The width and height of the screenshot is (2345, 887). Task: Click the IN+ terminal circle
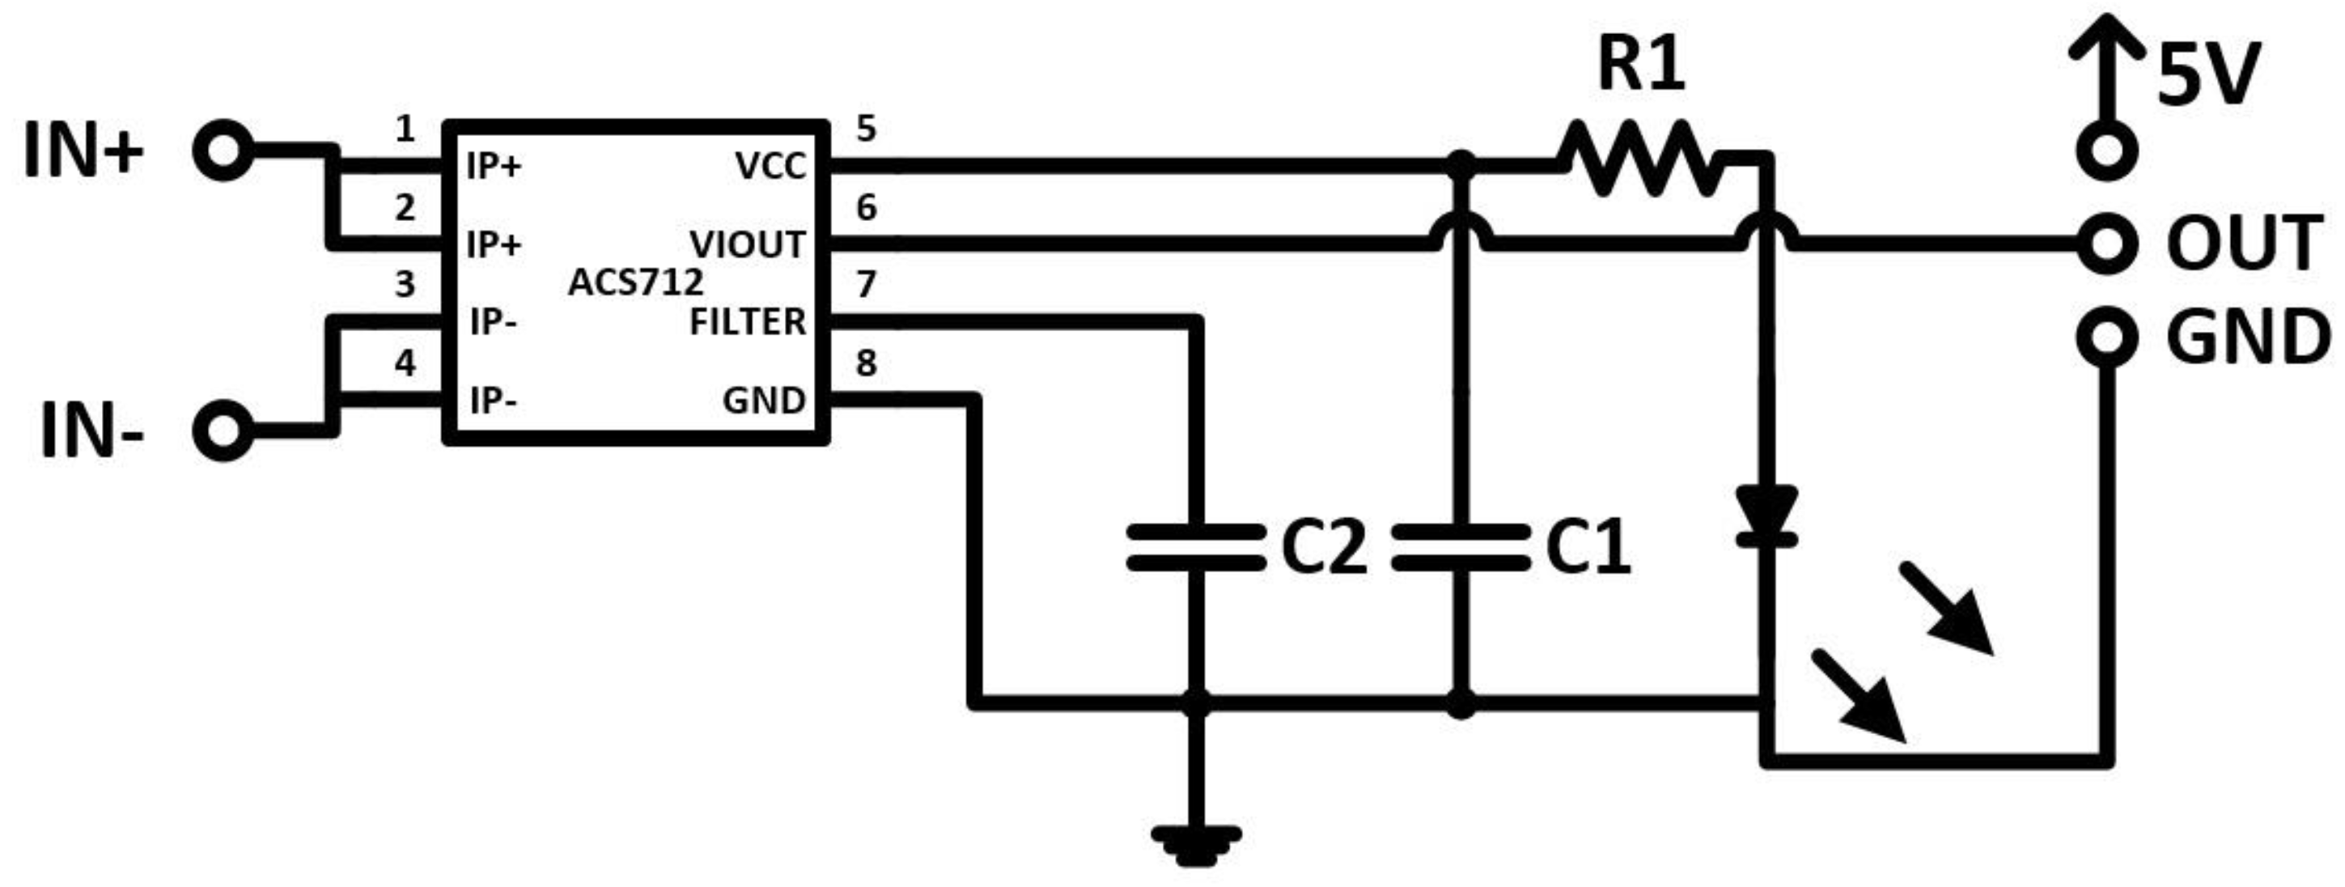tap(222, 151)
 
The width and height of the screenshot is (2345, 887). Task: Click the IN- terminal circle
tap(222, 431)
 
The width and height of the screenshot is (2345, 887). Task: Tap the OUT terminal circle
tap(2106, 243)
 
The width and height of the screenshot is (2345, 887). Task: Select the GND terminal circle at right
tap(2106, 337)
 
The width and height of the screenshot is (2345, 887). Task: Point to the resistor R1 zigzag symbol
tap(1639, 160)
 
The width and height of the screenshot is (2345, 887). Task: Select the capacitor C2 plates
tap(1195, 547)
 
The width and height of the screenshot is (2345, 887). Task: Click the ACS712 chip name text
tap(635, 283)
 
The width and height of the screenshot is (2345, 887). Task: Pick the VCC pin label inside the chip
tap(770, 167)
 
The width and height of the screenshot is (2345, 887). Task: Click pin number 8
tap(866, 363)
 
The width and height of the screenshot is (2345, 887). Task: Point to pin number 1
tap(405, 129)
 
